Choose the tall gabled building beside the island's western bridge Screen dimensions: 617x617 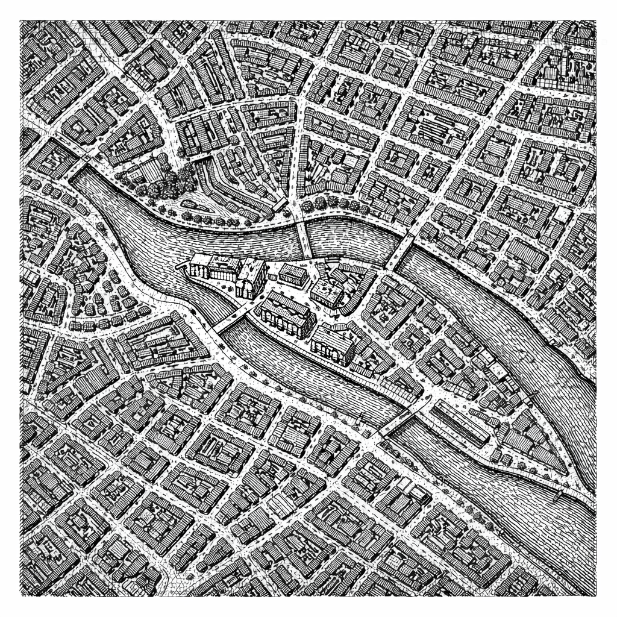click(x=251, y=278)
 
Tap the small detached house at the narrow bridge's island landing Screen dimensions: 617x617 click(x=293, y=274)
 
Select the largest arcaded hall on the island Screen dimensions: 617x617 click(x=286, y=313)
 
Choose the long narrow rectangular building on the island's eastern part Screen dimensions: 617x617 click(x=461, y=422)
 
